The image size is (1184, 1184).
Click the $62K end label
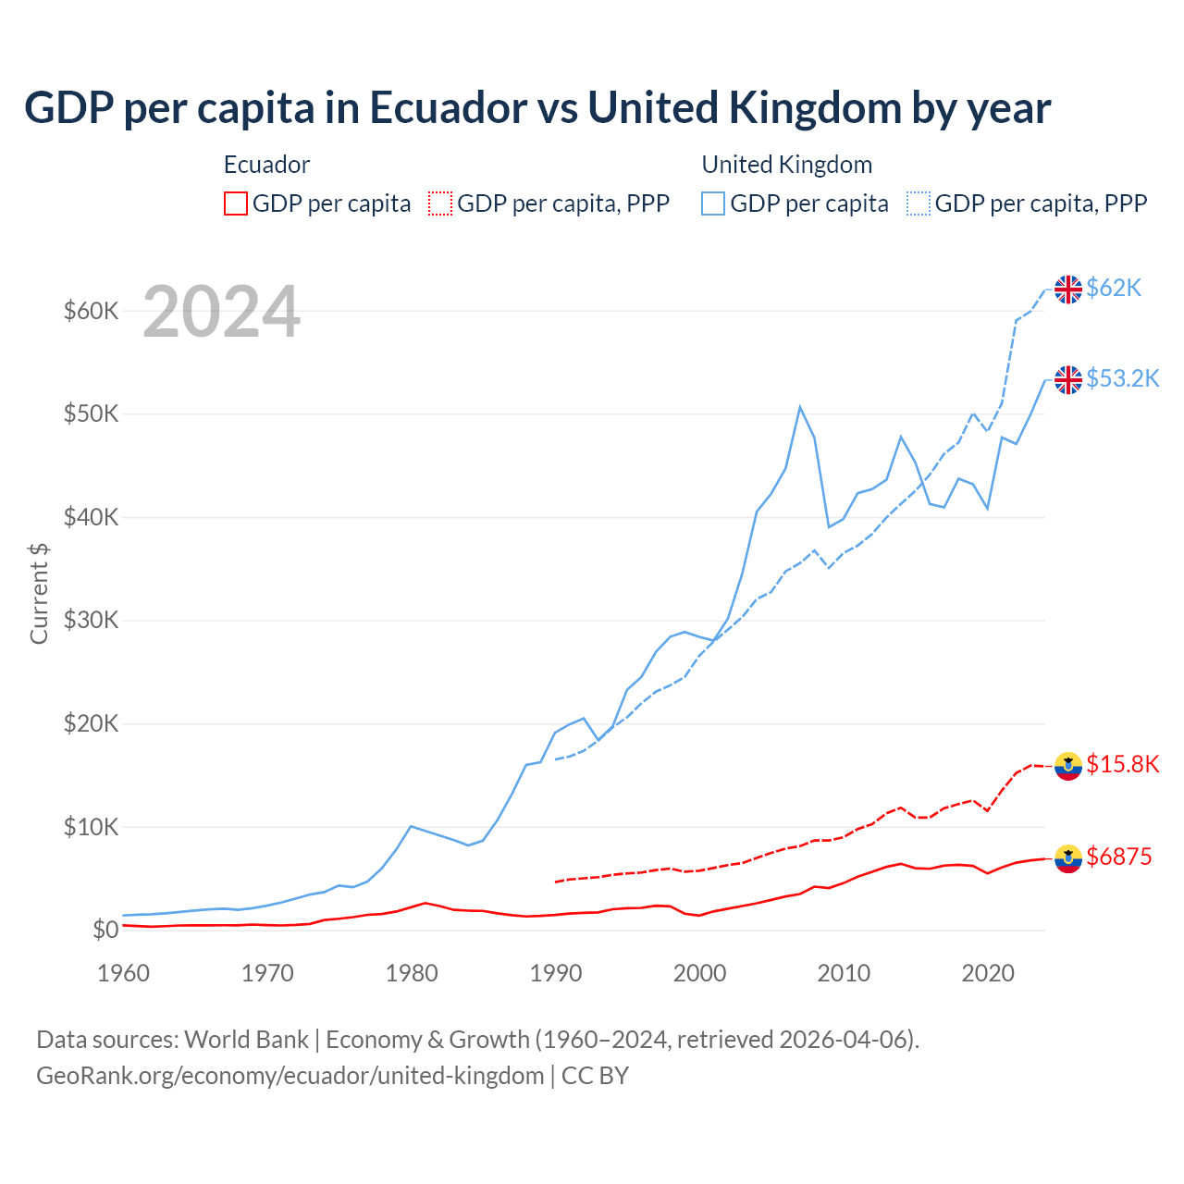[1114, 289]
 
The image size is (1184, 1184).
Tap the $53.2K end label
[1122, 379]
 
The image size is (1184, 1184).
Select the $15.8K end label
[1122, 765]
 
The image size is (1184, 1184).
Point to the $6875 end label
[1118, 857]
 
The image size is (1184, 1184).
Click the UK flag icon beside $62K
[1068, 290]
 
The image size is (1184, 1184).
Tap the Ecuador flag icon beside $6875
[1068, 858]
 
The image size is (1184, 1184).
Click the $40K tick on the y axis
[91, 517]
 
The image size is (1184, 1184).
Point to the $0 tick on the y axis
[105, 930]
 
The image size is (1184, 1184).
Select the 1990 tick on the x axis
[556, 973]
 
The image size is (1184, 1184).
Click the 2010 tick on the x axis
[844, 973]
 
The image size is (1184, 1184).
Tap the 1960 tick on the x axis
[124, 973]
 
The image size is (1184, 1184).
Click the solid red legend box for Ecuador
[236, 203]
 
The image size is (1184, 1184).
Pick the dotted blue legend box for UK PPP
[919, 203]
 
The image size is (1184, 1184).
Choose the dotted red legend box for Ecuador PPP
[440, 203]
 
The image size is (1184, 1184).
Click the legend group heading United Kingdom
[786, 165]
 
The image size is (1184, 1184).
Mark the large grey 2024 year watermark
[221, 312]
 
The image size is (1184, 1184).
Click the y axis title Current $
[39, 594]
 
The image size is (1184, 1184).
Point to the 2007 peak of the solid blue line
[800, 407]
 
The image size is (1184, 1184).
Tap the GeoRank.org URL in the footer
[290, 1076]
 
